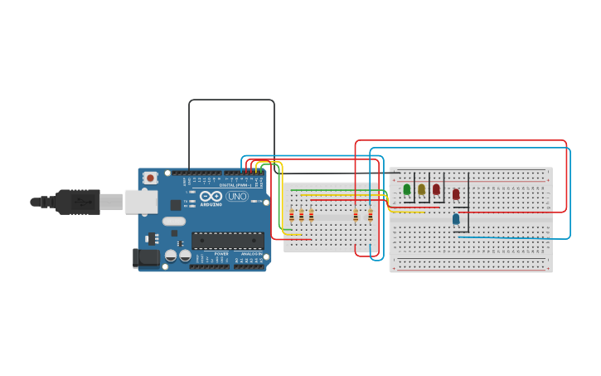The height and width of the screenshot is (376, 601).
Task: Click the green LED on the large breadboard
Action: coord(407,189)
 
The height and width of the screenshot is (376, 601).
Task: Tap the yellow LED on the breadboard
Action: coord(421,189)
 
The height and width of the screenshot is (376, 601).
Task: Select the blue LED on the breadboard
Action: coord(456,219)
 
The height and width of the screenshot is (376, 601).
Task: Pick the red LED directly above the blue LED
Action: coord(456,194)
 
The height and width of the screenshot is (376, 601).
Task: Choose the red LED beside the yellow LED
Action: coord(436,189)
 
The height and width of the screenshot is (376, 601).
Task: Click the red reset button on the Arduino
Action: coord(150,178)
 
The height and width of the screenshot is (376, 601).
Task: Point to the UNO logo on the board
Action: coord(237,197)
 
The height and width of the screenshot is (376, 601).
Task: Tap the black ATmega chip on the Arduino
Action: coord(228,241)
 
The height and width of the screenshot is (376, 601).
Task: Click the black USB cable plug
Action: coord(78,202)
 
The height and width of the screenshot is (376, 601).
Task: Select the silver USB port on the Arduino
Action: coord(140,201)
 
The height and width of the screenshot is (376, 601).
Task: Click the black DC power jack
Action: coord(146,257)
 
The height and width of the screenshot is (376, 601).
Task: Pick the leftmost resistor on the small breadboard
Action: coord(291,216)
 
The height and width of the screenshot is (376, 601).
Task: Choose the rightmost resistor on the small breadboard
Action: coord(370,216)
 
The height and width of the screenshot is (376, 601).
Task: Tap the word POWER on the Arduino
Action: coord(221,254)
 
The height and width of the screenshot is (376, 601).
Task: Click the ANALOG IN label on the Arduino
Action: coord(251,254)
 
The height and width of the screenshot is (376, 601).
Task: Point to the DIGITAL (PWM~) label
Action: coord(233,184)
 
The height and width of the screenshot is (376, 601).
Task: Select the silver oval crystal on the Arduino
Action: coord(174,222)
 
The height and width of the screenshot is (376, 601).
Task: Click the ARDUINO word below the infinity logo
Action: coord(211,204)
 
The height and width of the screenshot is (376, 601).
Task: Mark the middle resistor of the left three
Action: coord(301,216)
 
